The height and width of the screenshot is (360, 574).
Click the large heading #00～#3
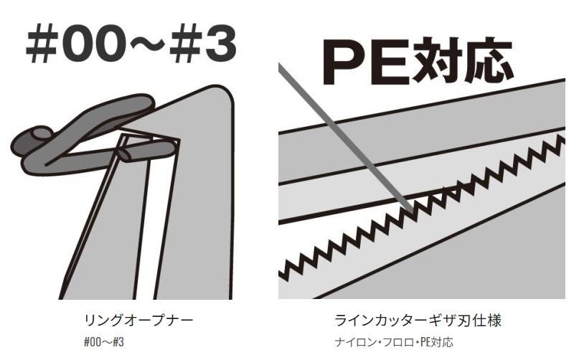pyautogui.click(x=131, y=44)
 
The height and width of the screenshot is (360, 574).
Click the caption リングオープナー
pyautogui.click(x=138, y=321)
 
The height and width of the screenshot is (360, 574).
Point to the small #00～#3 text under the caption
pyautogui.click(x=104, y=342)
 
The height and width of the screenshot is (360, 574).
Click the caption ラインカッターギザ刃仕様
pyautogui.click(x=418, y=321)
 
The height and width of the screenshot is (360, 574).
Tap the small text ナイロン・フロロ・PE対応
pyautogui.click(x=394, y=342)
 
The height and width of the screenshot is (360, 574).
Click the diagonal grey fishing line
pyautogui.click(x=346, y=138)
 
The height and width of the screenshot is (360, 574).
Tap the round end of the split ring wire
pyautogui.click(x=41, y=133)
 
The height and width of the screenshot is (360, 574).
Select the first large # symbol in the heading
pyautogui.click(x=42, y=44)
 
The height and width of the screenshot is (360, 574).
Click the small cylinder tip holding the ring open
pyautogui.click(x=124, y=154)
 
